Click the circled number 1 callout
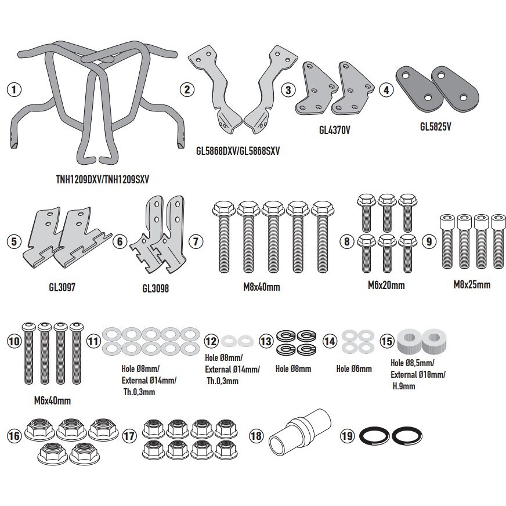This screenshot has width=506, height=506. point(14,89)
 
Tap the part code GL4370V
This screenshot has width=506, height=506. point(335,130)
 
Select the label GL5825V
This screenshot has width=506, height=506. point(435,126)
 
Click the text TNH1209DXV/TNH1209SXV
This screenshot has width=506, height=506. point(103,179)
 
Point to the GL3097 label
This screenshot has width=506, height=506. point(62,287)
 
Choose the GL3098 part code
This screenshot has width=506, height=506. point(156,288)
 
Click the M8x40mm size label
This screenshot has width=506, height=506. point(262,287)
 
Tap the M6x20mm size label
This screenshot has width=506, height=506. point(386,285)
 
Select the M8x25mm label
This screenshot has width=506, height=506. point(472,284)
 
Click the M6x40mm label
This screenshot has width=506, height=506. point(52,401)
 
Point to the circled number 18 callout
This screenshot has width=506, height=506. point(256,436)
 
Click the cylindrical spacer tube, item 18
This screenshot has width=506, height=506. point(300,432)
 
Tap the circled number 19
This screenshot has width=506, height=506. point(348,436)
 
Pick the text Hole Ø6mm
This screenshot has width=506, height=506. point(354,368)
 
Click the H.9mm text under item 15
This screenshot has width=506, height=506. point(404,386)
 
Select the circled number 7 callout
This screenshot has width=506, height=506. point(196,241)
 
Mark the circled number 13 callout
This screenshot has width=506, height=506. point(266,341)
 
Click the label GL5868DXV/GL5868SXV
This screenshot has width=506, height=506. point(238,151)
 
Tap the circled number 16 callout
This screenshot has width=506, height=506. point(14,436)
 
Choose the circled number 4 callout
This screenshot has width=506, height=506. point(386,90)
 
